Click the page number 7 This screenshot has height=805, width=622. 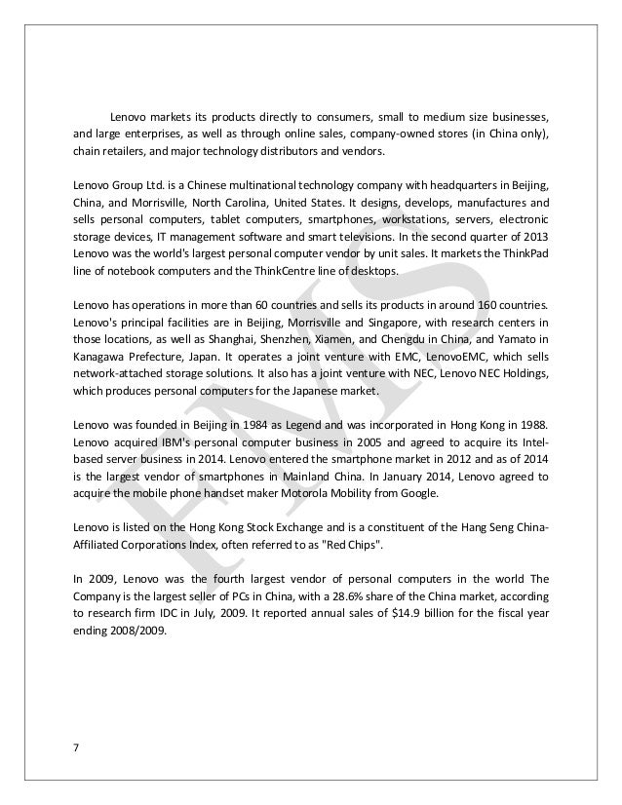tap(74, 748)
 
